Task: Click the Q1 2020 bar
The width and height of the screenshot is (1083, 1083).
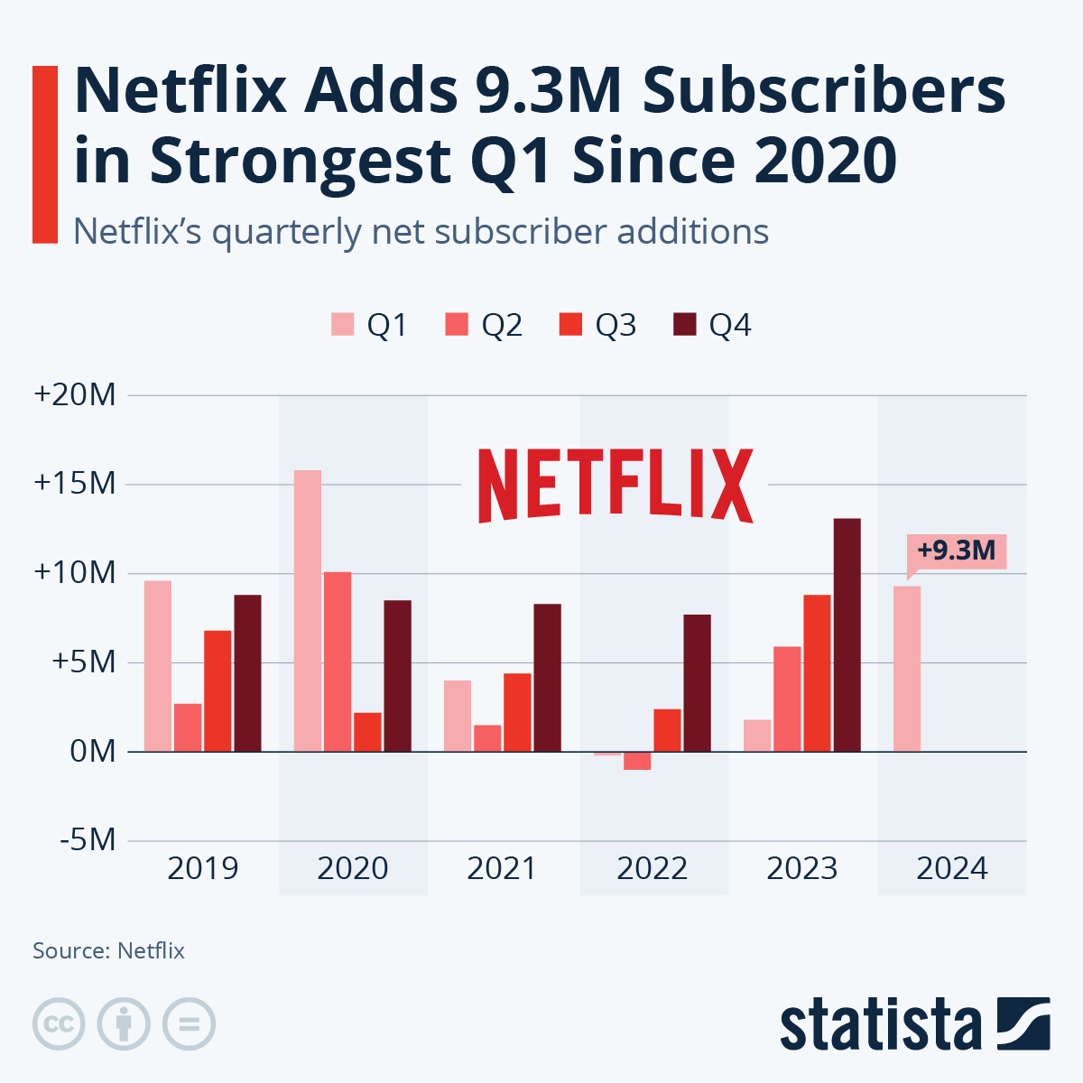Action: point(308,611)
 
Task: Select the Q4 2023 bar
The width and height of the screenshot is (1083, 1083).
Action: point(847,634)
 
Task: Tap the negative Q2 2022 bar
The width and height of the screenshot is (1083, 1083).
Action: point(637,761)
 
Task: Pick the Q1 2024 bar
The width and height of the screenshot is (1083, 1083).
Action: point(907,669)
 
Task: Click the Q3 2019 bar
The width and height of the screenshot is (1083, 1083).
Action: point(218,690)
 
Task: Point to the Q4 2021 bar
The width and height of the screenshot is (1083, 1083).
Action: point(547,677)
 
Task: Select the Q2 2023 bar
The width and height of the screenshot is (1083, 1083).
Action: point(787,699)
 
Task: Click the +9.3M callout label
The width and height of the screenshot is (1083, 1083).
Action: point(956,551)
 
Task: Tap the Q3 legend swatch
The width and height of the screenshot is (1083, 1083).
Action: point(571,325)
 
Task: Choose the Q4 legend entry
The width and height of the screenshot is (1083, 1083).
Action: point(713,325)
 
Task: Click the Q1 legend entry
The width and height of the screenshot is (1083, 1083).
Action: point(370,325)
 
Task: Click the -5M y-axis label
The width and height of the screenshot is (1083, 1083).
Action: point(88,840)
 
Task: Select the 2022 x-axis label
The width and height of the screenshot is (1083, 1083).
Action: point(653,868)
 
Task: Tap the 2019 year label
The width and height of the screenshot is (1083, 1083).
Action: point(203,868)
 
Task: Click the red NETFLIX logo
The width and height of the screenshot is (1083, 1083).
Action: point(616,485)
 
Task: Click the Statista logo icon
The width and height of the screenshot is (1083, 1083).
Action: point(1023,1023)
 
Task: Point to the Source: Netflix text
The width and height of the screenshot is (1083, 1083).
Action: point(108,950)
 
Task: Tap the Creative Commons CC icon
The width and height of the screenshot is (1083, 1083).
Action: point(59,1024)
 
